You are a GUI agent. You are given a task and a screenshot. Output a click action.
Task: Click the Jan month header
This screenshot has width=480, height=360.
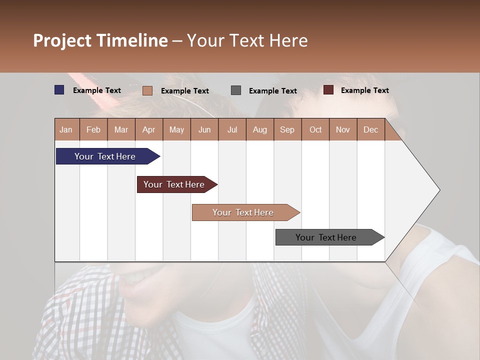coord(66,129)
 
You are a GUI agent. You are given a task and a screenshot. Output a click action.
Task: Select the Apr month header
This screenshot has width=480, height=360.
coord(149,129)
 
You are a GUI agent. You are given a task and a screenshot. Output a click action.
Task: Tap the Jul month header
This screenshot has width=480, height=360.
coord(232,129)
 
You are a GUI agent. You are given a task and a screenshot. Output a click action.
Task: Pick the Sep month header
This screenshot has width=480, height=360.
coord(287,129)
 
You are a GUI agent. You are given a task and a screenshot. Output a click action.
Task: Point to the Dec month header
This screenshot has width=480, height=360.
coord(370,129)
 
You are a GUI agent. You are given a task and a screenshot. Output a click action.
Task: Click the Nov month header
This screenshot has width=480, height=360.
coord(343,129)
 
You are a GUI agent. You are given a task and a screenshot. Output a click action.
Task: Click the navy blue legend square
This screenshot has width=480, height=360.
coord(59,90)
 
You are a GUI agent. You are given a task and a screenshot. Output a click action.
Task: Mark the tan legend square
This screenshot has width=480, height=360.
coord(147,90)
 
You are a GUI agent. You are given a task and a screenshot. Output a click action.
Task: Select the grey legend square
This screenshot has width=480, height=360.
coord(236,90)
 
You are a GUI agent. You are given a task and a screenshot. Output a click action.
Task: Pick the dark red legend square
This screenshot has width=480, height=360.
coord(328,90)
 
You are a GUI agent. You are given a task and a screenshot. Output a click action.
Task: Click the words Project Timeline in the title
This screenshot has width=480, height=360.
coord(100,40)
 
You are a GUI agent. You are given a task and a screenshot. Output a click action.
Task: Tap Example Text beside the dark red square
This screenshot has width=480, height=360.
coord(364,90)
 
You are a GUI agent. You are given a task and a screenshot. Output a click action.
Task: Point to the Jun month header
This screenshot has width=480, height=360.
coord(204,129)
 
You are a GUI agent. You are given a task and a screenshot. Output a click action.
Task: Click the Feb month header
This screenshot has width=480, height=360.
coord(93,129)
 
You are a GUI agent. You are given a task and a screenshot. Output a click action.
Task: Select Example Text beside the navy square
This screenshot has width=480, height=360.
coord(97,90)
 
